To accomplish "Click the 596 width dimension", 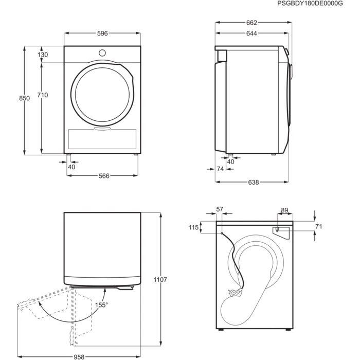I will [102, 33].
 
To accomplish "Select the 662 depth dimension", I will [250, 23].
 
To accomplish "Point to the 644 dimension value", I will [250, 33].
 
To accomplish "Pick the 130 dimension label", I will [42, 55].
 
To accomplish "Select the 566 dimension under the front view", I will [103, 175].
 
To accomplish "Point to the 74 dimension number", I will [220, 169].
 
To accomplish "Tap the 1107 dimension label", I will [160, 280].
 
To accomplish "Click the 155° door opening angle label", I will [101, 305].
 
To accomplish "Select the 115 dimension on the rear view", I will [193, 227].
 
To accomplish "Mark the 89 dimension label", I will [284, 210].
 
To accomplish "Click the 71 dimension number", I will [318, 226].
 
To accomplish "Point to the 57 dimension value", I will [220, 209].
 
